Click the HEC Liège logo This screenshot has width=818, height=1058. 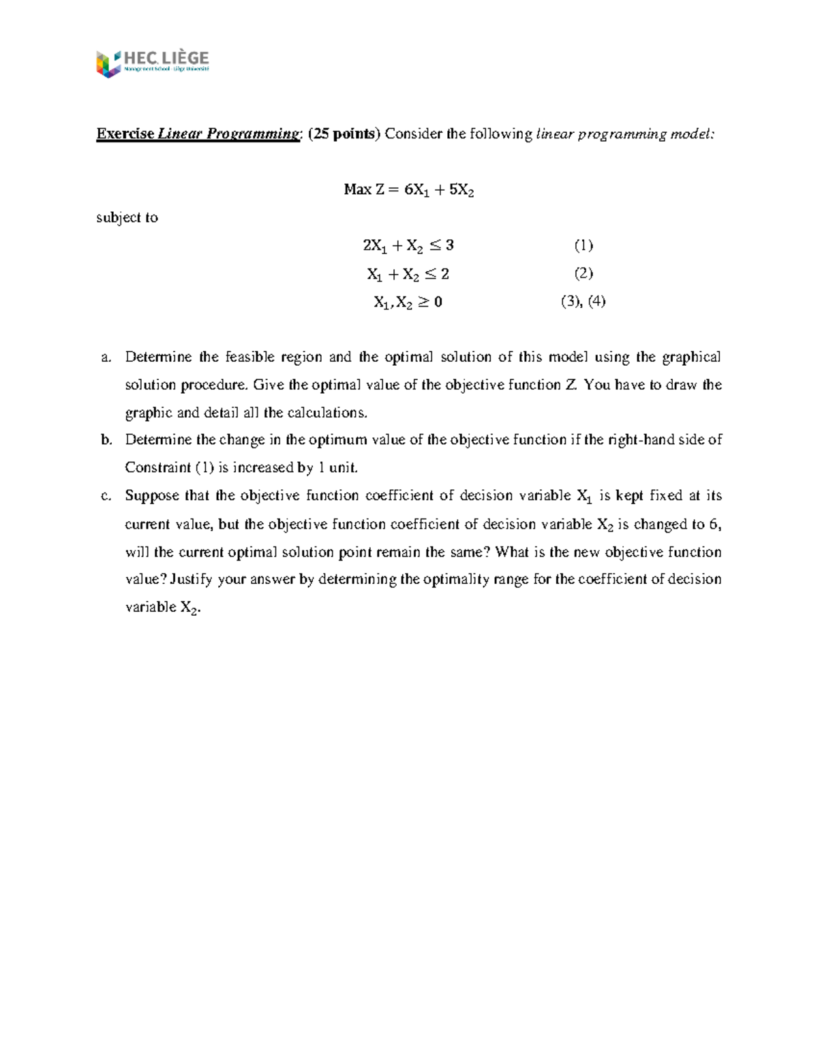(152, 64)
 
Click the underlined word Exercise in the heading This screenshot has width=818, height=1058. (125, 134)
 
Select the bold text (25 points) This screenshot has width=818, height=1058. (344, 134)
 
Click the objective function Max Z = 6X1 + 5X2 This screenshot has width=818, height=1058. (408, 190)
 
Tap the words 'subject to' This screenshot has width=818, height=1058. (127, 218)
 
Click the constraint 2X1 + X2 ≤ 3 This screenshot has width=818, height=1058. (408, 246)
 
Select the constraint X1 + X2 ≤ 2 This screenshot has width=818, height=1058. (408, 275)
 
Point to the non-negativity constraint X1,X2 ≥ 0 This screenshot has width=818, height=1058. (408, 302)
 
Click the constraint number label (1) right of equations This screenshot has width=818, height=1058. (583, 245)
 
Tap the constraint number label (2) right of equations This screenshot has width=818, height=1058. (583, 274)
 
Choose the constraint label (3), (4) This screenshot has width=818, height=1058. (583, 302)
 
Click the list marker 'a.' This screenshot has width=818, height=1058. (106, 358)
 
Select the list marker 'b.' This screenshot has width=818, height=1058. (106, 440)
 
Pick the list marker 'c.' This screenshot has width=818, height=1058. (106, 496)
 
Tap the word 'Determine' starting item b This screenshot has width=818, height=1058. (158, 440)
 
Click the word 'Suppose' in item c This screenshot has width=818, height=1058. (151, 496)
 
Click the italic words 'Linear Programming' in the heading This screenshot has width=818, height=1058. (228, 134)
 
